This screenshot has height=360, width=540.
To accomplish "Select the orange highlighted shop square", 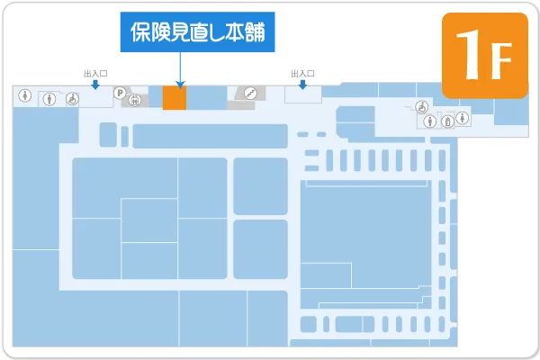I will coord(174,99).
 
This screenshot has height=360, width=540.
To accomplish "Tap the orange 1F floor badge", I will coord(485,55).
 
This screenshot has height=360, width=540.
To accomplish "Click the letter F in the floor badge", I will coord(500,58).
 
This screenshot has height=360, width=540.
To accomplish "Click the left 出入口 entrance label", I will coord(94,75).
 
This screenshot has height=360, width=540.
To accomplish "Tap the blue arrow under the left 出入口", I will coord(94,85).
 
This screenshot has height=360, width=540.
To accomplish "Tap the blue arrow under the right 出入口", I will coord(302,85).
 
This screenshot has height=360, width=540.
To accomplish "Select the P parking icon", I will coord(119,92).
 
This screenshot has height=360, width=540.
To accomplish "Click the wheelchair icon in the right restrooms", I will coord(420,106).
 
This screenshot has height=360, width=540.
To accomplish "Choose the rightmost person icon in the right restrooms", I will coord(462,116).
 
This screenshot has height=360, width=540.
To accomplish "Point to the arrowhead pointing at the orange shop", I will coord(181,85).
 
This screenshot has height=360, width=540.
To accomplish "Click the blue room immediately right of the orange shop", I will coord(205,99).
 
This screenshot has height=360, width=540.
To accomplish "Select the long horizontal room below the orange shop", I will coord(209,136).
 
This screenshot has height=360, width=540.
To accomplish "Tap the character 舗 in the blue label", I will coord(258,33).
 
